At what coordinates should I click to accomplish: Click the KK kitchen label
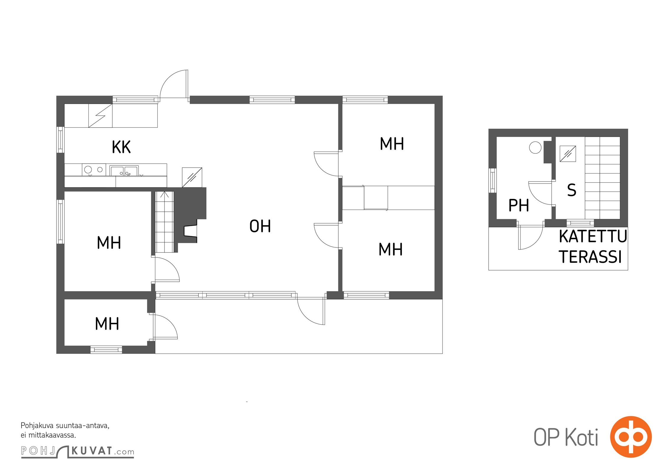[121, 147]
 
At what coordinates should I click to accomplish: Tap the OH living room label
[260, 226]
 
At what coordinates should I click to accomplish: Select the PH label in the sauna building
[519, 205]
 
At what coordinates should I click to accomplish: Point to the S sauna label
[572, 190]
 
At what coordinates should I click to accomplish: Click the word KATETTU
[593, 237]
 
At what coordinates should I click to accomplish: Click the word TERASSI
[590, 257]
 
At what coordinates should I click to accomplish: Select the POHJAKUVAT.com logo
[77, 451]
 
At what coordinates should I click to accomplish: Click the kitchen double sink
[124, 171]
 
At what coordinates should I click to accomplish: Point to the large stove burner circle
[88, 170]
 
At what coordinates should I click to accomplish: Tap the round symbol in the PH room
[535, 148]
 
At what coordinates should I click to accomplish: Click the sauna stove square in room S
[568, 154]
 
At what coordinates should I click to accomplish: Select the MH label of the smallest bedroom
[107, 324]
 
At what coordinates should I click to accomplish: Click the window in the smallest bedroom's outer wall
[106, 350]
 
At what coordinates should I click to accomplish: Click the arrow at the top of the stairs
[165, 195]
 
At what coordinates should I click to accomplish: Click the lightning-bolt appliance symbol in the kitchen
[100, 116]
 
